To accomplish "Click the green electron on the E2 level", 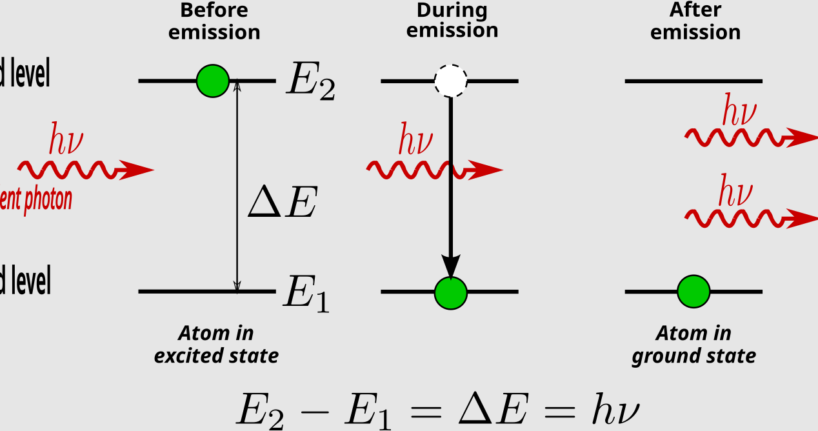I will (213, 81).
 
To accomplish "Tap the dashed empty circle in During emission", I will (450, 81).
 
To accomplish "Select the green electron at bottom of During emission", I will (450, 292).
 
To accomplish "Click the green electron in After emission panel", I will (693, 291).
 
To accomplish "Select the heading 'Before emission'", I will (214, 21).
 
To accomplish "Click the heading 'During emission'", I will (452, 21).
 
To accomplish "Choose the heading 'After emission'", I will (695, 21).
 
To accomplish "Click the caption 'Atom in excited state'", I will (216, 344).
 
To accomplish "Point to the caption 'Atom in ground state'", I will (693, 344).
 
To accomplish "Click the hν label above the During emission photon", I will (415, 140).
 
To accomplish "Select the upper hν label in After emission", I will (739, 112).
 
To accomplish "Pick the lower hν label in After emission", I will (736, 193).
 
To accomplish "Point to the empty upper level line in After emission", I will (693, 81).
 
